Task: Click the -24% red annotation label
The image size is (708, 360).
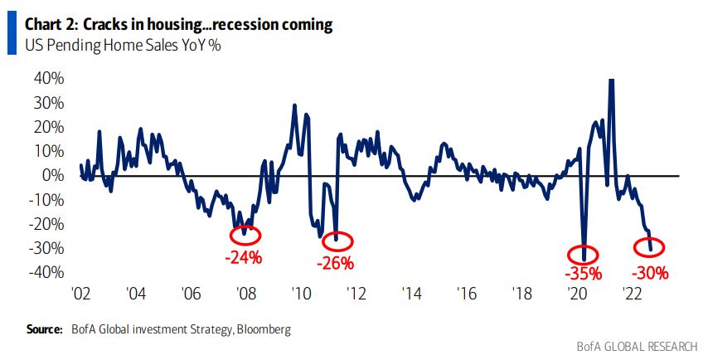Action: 244,257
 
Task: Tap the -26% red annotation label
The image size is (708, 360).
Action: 335,264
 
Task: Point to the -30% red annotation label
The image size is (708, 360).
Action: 649,271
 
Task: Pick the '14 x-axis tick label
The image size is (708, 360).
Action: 411,294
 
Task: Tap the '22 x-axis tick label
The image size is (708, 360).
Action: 631,294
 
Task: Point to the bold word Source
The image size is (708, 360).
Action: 44,329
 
